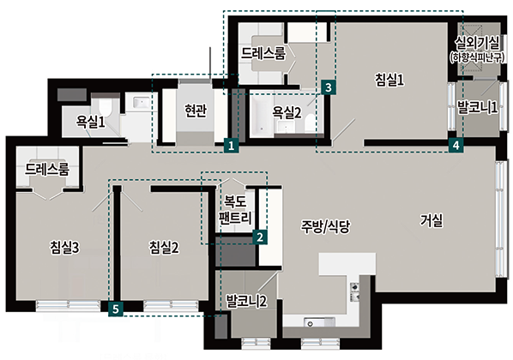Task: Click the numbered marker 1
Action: (232, 146)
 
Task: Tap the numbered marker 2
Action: (260, 237)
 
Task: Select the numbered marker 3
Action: (329, 87)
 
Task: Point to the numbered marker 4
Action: (456, 145)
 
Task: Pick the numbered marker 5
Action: (116, 309)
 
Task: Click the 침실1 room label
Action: (389, 80)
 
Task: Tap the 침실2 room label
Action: (164, 248)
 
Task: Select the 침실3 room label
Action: (64, 248)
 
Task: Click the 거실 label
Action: (432, 220)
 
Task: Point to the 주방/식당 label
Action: (326, 226)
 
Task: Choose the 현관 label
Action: (196, 111)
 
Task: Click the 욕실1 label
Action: (91, 122)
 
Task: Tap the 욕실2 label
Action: (287, 112)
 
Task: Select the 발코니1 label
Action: (477, 107)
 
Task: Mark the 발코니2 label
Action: (247, 301)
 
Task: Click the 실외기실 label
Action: (477, 43)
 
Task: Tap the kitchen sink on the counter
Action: (319, 322)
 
